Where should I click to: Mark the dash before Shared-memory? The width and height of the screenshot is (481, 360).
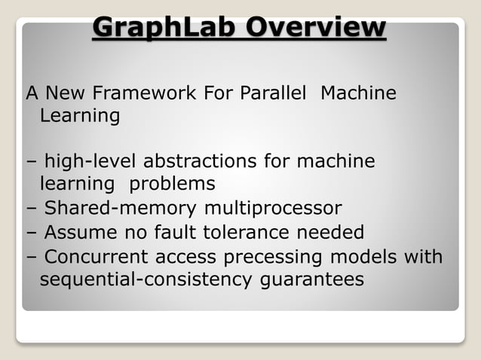coord(31,209)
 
